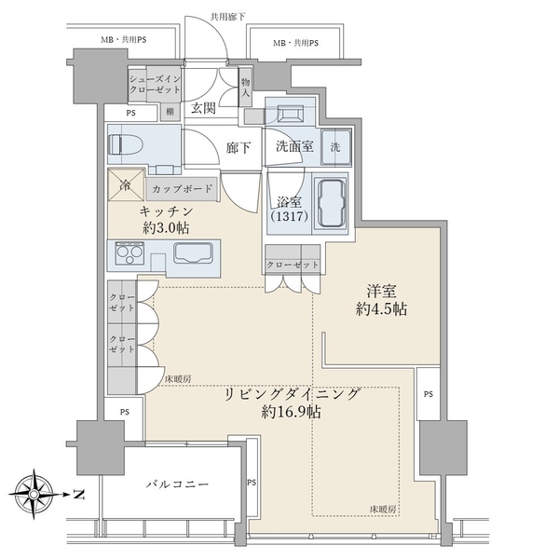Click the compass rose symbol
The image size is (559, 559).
[33, 494]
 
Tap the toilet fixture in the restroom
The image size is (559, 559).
[128, 144]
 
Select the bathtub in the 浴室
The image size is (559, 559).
[332, 203]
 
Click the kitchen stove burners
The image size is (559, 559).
[130, 252]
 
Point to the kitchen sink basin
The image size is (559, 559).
[194, 252]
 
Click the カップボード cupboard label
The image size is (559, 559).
[183, 188]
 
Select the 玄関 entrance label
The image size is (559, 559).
[203, 108]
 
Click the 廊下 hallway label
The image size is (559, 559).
[239, 147]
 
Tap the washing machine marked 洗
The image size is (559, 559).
[335, 146]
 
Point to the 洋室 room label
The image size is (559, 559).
[381, 292]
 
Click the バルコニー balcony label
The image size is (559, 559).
[177, 484]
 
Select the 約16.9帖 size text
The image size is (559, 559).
[291, 412]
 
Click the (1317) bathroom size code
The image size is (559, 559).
[289, 216]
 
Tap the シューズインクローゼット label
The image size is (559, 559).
[155, 84]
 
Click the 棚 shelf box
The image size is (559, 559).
[170, 112]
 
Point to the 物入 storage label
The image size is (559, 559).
[245, 88]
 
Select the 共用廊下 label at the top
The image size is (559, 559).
[227, 17]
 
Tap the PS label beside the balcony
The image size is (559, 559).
[252, 483]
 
